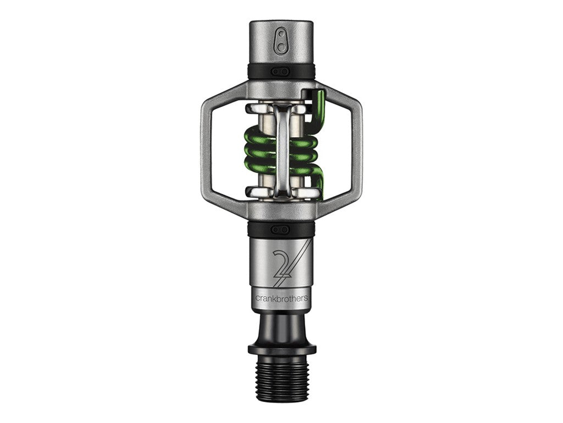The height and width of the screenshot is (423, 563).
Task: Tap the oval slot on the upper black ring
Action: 281,71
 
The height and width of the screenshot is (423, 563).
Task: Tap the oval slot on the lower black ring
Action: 281,229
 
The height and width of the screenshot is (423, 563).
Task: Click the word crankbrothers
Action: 281,298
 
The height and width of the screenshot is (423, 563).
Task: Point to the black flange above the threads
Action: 281,349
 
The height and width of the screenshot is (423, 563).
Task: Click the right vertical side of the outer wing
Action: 356,149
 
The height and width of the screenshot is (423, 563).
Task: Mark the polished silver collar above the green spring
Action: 258,109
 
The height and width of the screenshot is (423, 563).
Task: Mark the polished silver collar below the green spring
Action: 258,191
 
